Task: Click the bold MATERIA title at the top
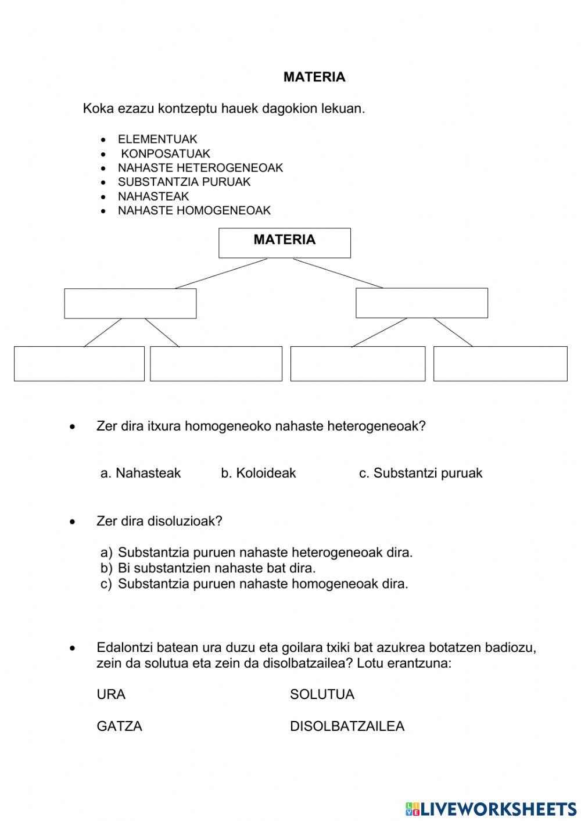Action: [314, 77]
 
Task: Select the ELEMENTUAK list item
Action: [157, 139]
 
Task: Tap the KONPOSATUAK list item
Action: [165, 154]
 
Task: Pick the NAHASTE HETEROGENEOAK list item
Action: [200, 168]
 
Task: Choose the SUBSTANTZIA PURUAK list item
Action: [184, 182]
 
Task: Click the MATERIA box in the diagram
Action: [285, 243]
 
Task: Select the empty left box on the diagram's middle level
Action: [130, 303]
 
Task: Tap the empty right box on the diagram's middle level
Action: [422, 303]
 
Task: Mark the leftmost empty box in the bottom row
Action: [79, 364]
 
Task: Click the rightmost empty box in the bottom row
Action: [500, 364]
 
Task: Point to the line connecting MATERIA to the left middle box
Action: [221, 274]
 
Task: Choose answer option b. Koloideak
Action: [258, 474]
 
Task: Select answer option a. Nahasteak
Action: [141, 474]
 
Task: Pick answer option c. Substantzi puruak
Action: [421, 474]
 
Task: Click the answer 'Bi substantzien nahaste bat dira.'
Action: [216, 568]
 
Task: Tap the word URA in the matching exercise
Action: [111, 695]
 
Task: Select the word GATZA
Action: [119, 726]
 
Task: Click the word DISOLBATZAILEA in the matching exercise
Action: [347, 726]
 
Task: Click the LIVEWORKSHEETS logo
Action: [491, 808]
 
